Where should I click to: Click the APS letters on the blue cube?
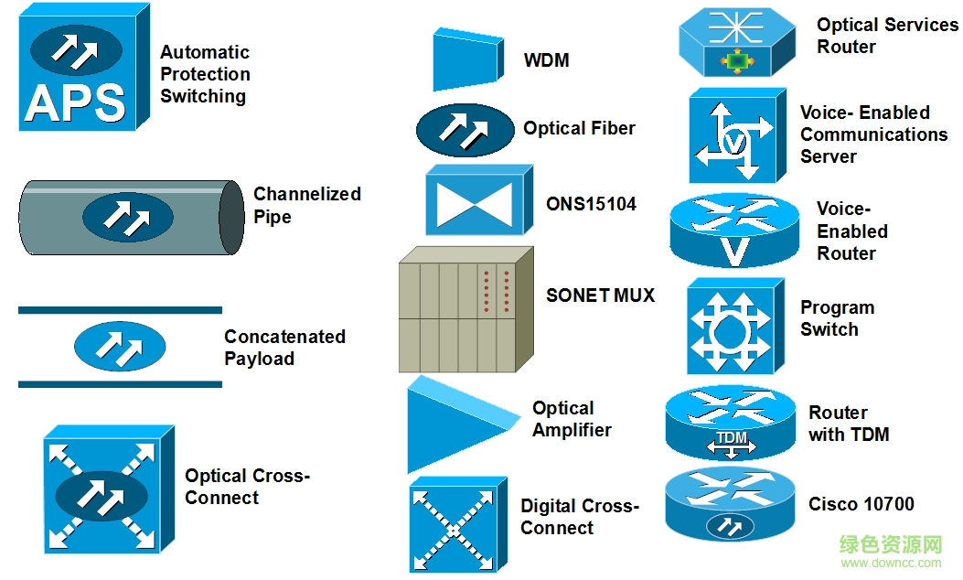pyautogui.click(x=75, y=102)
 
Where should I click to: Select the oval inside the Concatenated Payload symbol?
pyautogui.click(x=120, y=347)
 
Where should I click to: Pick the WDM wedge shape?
pyautogui.click(x=466, y=59)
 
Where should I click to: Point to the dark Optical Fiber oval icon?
pyautogui.click(x=465, y=130)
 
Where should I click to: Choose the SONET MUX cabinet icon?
pyautogui.click(x=465, y=309)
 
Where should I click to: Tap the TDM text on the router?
pyautogui.click(x=732, y=438)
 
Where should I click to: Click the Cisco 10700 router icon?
pyautogui.click(x=729, y=505)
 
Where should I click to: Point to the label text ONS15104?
pyautogui.click(x=591, y=204)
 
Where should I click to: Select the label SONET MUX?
pyautogui.click(x=600, y=295)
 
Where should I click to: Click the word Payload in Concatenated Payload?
pyautogui.click(x=259, y=359)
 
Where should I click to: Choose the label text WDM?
pyautogui.click(x=546, y=61)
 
